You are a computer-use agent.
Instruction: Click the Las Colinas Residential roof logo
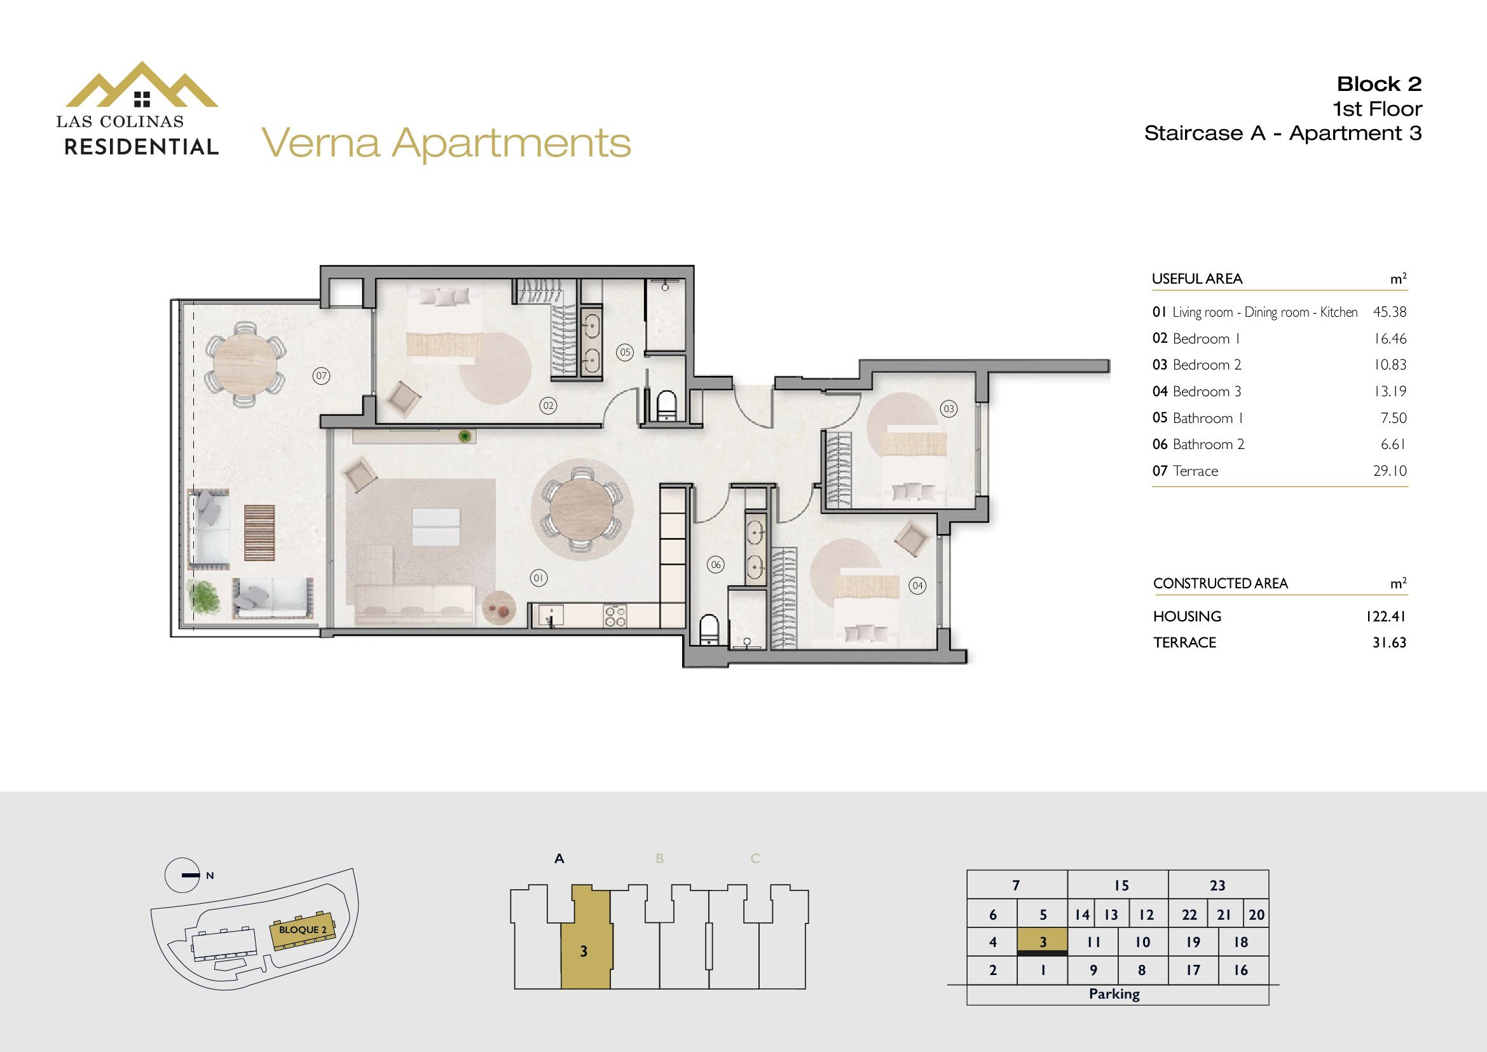[141, 85]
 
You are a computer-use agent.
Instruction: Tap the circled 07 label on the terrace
[321, 376]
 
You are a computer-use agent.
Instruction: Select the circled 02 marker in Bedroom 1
[549, 406]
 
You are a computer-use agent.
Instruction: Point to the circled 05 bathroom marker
[625, 352]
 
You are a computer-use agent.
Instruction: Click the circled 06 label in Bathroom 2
[716, 565]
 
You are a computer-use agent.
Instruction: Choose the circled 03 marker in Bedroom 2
[949, 409]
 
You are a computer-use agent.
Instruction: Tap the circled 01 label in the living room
[539, 578]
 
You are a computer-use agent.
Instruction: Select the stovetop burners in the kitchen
[615, 616]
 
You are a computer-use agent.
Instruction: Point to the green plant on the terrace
[205, 595]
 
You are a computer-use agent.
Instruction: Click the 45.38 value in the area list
[1390, 312]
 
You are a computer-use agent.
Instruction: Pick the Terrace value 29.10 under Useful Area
[1390, 471]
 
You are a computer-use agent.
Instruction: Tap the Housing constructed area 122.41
[1386, 616]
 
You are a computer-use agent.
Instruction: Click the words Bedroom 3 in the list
[1207, 391]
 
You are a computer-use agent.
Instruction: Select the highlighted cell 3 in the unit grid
[1043, 943]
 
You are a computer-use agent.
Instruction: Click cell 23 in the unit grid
[1217, 885]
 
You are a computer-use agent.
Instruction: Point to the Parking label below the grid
[1114, 993]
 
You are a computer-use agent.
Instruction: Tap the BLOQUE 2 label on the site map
[303, 930]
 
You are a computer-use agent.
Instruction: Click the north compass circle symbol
[182, 875]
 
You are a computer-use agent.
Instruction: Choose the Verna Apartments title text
[446, 143]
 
